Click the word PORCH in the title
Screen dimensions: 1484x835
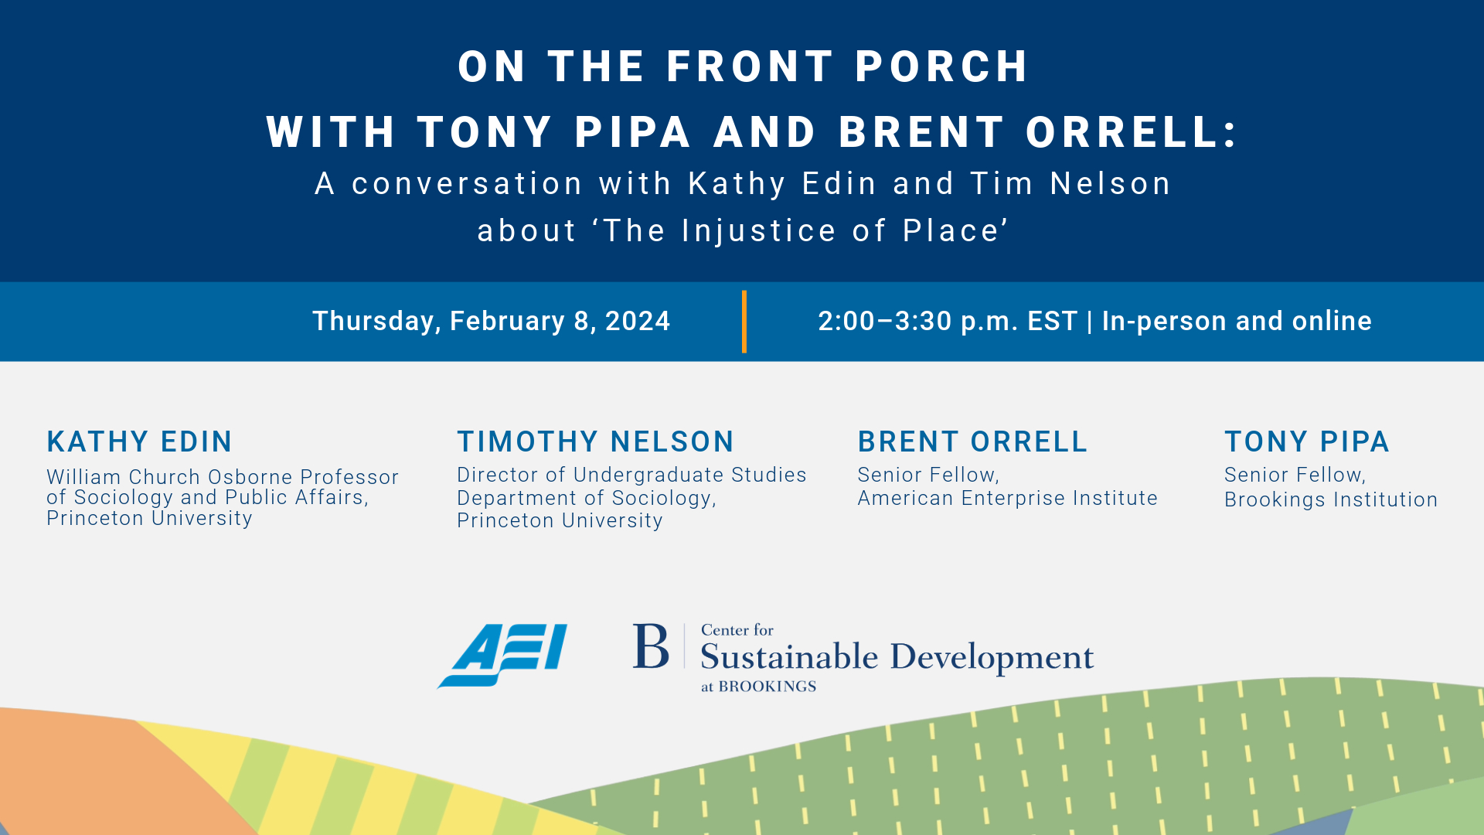click(942, 66)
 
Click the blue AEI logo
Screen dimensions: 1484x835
click(502, 656)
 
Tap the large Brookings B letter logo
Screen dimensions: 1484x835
click(651, 646)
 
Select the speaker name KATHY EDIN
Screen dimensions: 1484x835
click(139, 441)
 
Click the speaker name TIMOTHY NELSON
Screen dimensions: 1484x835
click(595, 441)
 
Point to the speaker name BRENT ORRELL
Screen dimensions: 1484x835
click(972, 441)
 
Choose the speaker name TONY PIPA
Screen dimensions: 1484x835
click(1307, 441)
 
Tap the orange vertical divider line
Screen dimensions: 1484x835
click(744, 322)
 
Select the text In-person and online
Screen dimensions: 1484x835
click(1237, 322)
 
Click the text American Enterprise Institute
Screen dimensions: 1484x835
click(1008, 498)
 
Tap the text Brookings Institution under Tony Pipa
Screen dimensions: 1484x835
click(1331, 499)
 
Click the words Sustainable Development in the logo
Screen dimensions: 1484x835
click(897, 657)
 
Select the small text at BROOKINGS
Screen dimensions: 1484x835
click(758, 687)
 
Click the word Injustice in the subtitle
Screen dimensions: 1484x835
click(759, 230)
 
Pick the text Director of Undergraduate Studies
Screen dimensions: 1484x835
click(631, 475)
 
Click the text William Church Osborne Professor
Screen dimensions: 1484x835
click(223, 477)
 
